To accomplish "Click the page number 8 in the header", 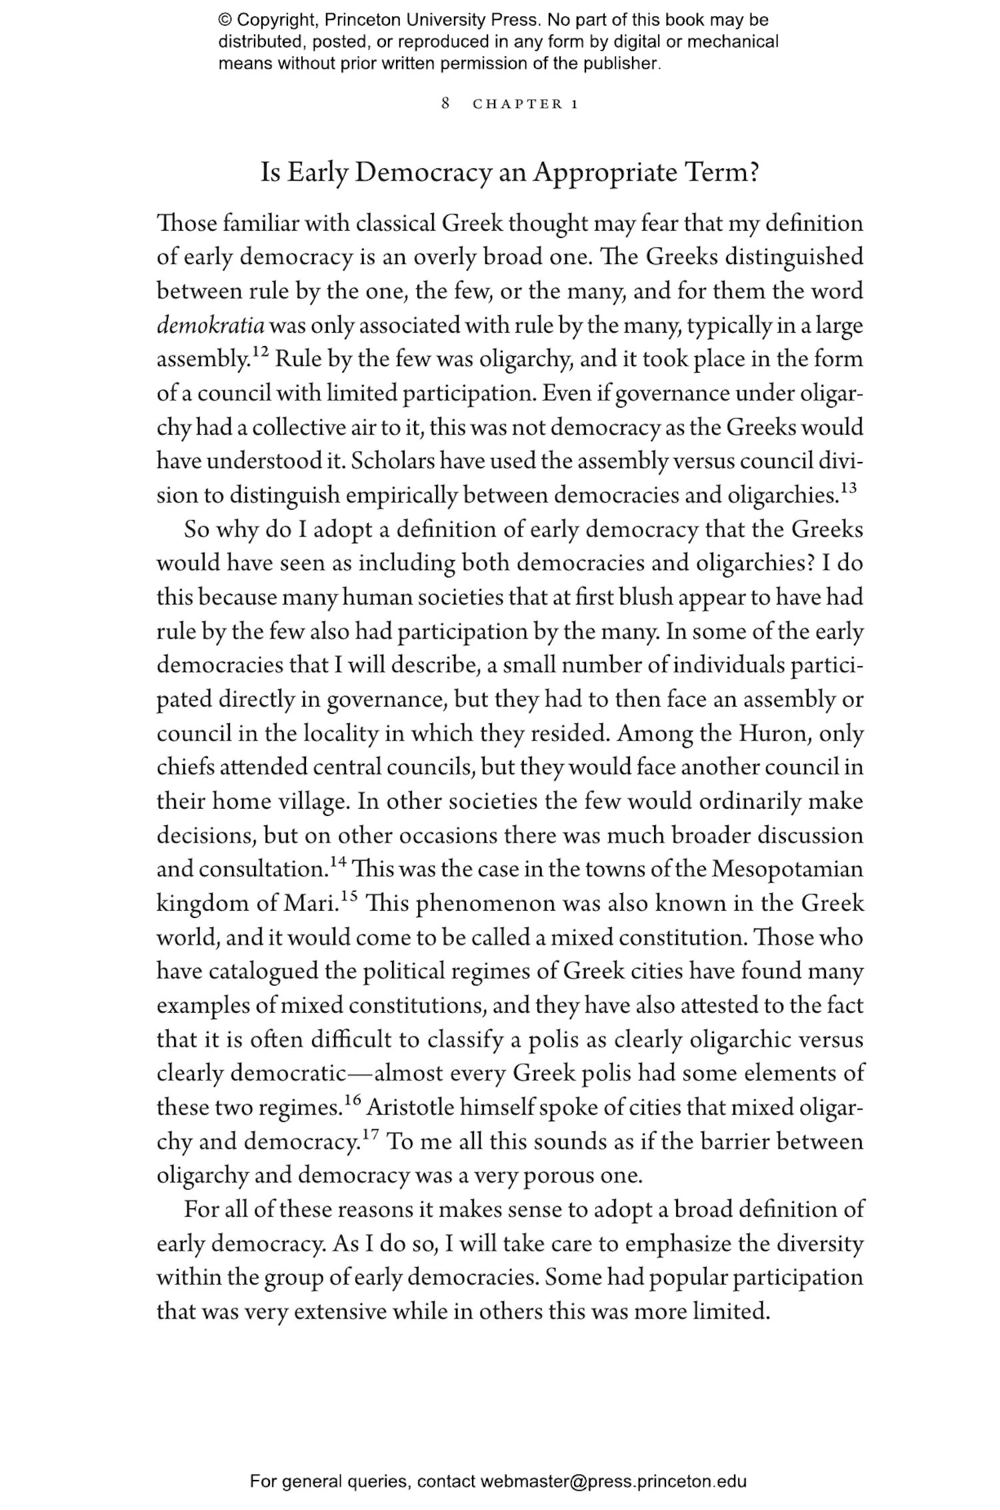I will tap(446, 103).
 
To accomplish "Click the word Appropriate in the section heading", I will tap(605, 173).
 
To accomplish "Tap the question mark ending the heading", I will tap(753, 173).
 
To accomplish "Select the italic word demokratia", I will tap(211, 326).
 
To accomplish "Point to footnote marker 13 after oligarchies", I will tap(848, 489).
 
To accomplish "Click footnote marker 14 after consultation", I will tap(339, 863).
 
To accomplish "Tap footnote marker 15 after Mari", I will tap(350, 897).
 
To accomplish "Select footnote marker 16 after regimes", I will tap(353, 1101).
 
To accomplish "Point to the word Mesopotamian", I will tap(787, 870).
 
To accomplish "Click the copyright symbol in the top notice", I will tap(224, 20).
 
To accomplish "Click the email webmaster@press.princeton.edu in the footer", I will tap(613, 1482).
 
